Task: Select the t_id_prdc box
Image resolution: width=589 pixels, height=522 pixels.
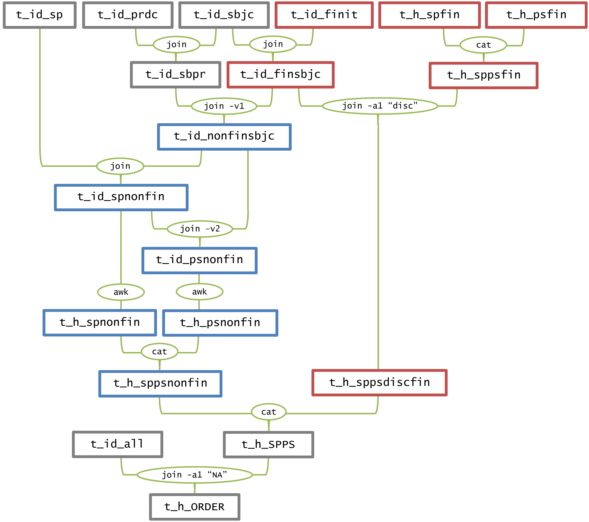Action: (128, 15)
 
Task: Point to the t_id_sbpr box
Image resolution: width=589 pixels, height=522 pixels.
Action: (175, 75)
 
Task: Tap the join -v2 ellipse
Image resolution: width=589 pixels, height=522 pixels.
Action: (200, 229)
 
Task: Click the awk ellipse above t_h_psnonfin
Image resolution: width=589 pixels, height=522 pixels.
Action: (199, 292)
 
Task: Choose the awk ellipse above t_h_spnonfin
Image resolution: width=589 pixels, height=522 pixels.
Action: (121, 292)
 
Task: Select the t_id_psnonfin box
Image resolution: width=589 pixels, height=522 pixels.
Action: (199, 260)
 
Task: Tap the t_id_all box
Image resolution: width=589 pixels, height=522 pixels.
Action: (117, 444)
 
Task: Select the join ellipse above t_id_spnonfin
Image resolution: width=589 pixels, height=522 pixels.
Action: (120, 166)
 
